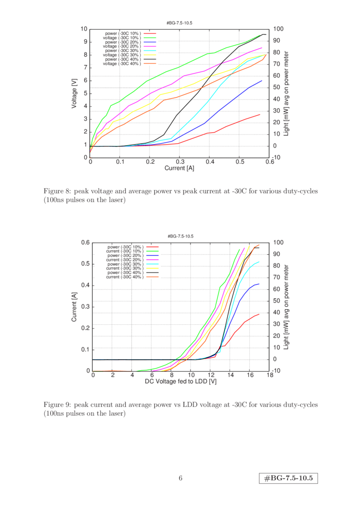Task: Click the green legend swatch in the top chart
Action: point(150,38)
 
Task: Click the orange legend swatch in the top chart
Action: point(150,63)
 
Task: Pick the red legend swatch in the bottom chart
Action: point(152,247)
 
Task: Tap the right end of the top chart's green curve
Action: point(260,34)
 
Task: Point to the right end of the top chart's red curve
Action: point(260,114)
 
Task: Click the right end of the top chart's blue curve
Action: point(262,80)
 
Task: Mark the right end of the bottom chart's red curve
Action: point(259,314)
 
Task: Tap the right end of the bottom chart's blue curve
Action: point(259,284)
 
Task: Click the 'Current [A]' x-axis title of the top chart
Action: point(180,168)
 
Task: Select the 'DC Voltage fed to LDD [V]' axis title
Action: point(181,381)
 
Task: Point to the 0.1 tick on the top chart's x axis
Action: point(120,162)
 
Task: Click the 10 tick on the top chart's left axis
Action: point(85,29)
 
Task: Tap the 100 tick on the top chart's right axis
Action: point(278,29)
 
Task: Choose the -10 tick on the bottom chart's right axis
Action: point(277,370)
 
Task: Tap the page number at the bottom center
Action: point(180,478)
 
